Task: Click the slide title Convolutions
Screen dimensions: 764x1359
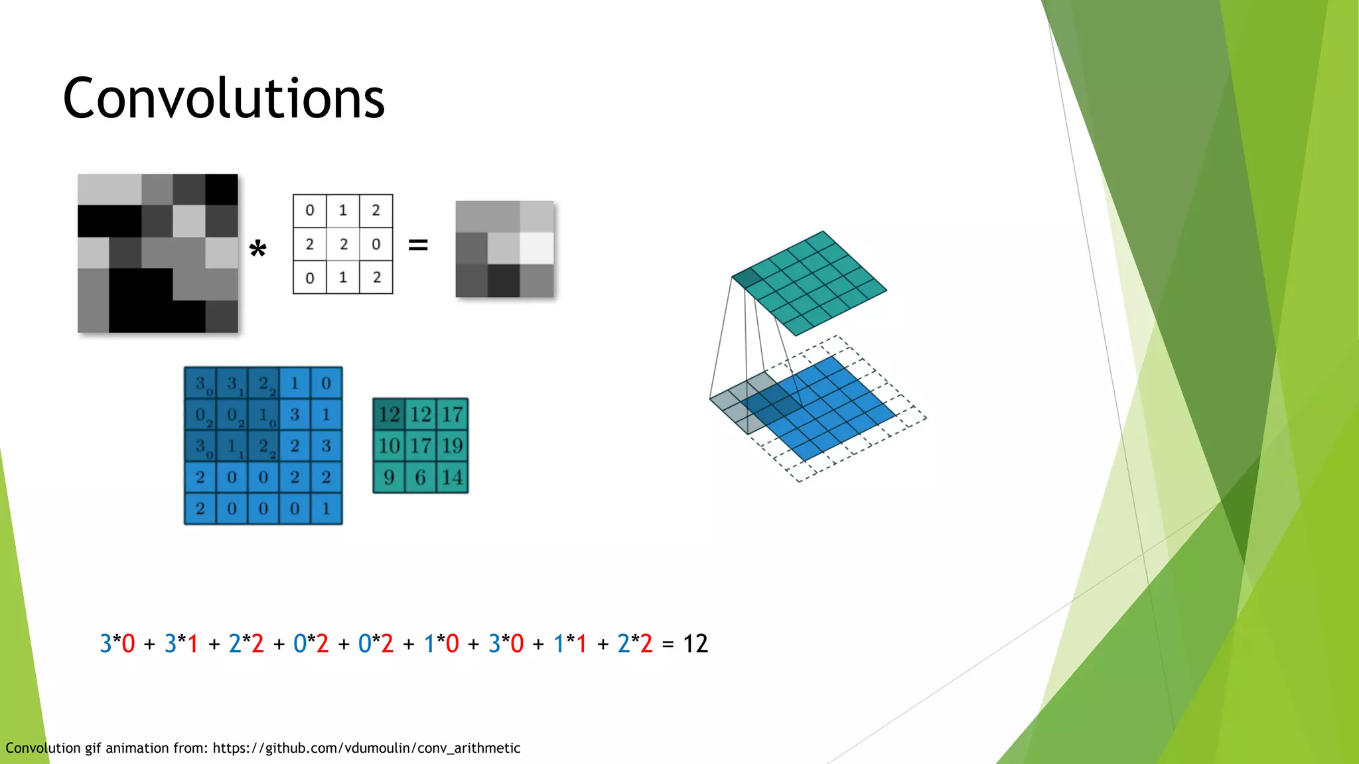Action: [x=224, y=98]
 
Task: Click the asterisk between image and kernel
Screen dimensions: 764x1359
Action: [x=257, y=251]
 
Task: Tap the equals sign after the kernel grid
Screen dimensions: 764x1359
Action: [x=417, y=245]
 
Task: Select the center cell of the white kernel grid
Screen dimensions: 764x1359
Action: [x=343, y=244]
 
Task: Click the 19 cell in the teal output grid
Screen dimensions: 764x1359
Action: [x=453, y=446]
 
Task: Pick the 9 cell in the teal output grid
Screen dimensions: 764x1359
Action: [x=389, y=477]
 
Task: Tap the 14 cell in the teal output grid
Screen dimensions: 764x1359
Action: [x=453, y=477]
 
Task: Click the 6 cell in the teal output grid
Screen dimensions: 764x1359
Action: [x=421, y=477]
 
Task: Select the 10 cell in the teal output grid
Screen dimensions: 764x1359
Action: [x=389, y=446]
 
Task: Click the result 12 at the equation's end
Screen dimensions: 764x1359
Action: [x=695, y=643]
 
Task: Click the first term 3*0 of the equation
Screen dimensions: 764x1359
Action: [x=117, y=643]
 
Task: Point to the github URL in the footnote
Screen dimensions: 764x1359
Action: [x=366, y=748]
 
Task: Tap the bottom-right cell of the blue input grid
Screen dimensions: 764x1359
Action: [x=326, y=509]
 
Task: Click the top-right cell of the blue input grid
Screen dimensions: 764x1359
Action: [x=326, y=383]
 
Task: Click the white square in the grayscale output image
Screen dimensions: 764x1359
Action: [x=537, y=248]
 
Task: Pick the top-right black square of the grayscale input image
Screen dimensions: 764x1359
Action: [x=222, y=190]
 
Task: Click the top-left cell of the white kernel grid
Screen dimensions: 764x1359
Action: [x=310, y=211]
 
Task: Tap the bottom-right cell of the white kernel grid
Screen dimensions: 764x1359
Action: [x=376, y=277]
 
